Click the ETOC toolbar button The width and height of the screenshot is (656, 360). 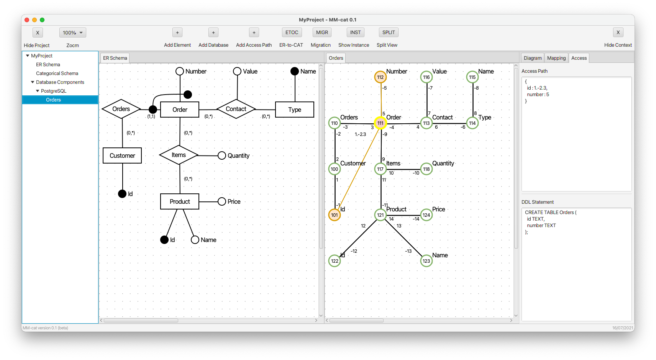coord(292,33)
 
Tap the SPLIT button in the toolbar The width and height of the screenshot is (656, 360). coord(388,33)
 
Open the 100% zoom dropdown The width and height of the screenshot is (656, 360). coord(73,33)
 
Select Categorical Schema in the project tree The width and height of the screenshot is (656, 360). coord(57,73)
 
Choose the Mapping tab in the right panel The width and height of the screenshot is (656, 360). coord(556,58)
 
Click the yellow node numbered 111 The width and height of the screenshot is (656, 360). coord(380,123)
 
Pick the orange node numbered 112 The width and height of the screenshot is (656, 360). coord(380,77)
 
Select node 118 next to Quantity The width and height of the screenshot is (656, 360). coord(426,169)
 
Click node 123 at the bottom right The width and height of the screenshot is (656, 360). coord(426,261)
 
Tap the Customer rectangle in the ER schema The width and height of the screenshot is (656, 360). coord(122,155)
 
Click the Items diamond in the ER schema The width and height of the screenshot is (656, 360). coord(179,155)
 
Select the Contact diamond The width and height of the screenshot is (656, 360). coord(236,109)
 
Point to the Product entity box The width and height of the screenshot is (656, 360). coord(180,201)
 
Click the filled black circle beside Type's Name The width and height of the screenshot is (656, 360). coord(294,71)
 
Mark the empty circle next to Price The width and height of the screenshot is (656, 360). coord(222,201)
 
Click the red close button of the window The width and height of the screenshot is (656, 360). coord(27,20)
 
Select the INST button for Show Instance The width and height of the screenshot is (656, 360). coord(355,33)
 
